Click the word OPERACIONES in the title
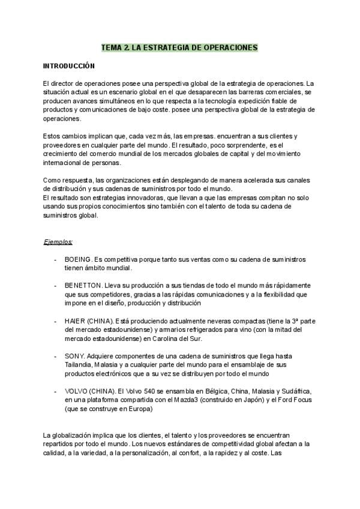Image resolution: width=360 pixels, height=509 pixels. coord(229,47)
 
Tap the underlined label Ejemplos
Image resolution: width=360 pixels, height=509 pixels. coord(58,242)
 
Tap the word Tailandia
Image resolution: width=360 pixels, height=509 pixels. coord(80,366)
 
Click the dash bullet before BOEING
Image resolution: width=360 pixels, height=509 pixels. coord(55,259)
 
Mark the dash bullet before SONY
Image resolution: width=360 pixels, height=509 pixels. coord(55,356)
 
